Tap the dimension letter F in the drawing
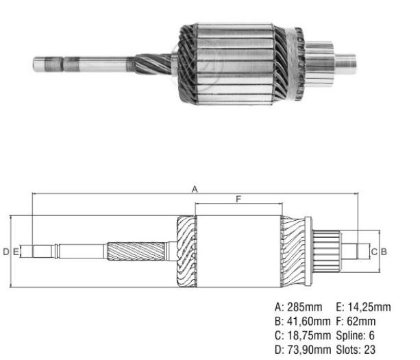[x=238, y=200]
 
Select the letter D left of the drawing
[x=5, y=252]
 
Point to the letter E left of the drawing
[x=14, y=252]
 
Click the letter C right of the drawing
[x=374, y=252]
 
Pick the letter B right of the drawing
[x=384, y=252]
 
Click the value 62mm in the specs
[x=362, y=320]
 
